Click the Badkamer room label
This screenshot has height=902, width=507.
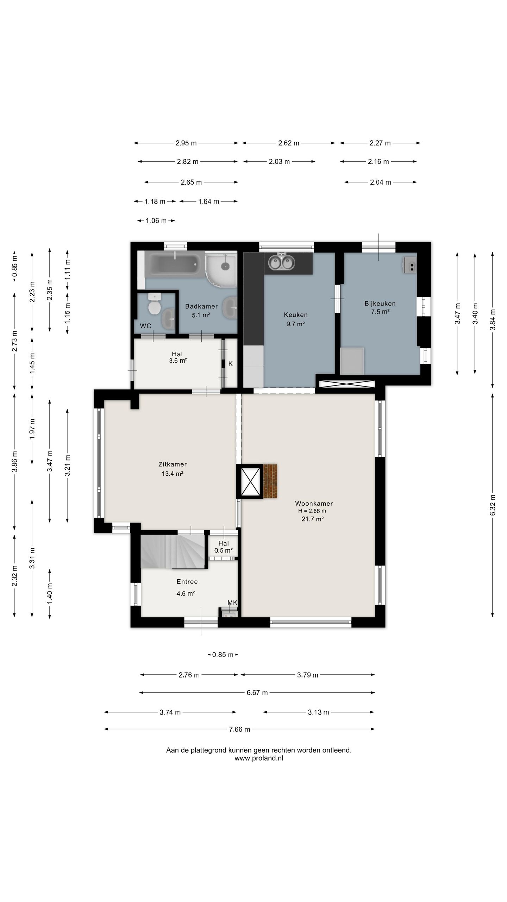(201, 306)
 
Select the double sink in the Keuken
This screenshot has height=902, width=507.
(281, 261)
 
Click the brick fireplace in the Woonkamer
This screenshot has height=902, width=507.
(270, 481)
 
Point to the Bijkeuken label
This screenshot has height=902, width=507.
(380, 303)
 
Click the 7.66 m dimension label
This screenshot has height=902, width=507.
(239, 729)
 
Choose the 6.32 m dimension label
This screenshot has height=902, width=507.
(493, 505)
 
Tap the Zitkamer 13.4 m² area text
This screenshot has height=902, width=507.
(173, 474)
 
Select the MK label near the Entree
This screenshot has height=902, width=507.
(232, 603)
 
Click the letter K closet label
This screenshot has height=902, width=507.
(231, 364)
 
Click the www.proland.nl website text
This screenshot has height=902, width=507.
(259, 758)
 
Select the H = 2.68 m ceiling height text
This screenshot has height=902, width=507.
(312, 511)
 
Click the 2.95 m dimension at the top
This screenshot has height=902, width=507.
(186, 143)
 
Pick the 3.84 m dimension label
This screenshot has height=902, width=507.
(493, 319)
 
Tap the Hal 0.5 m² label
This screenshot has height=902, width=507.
(224, 547)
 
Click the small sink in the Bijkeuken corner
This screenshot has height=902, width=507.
(410, 265)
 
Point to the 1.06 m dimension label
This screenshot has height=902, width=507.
(156, 221)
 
